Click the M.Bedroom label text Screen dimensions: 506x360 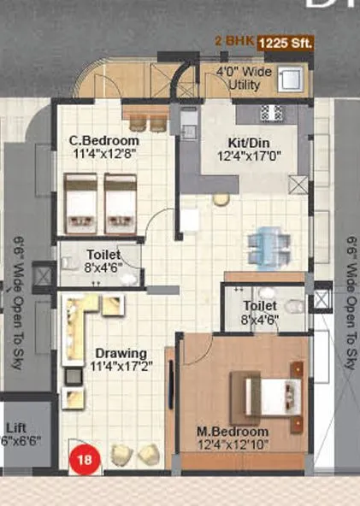(233, 432)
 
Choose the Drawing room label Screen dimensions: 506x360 (121, 353)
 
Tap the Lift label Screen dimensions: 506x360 (15, 427)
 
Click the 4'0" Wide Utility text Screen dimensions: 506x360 (243, 78)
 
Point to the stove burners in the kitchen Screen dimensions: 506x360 (270, 113)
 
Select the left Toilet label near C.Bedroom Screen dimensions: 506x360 (103, 254)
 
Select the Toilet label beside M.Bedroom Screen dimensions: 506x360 (259, 305)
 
